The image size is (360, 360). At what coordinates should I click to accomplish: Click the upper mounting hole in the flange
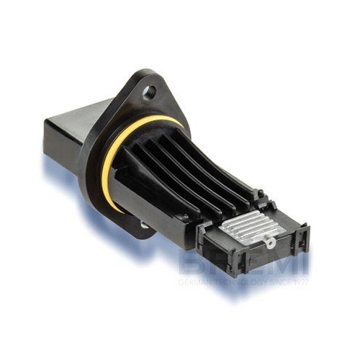(x=149, y=92)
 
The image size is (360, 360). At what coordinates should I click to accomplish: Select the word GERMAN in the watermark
(x=193, y=282)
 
